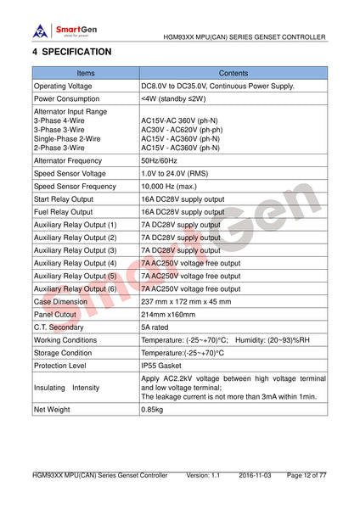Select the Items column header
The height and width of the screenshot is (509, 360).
coord(86,74)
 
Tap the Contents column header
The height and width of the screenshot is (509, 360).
coord(233,74)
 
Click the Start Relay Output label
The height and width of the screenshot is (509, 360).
coord(64,199)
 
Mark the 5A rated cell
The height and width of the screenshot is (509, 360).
coord(155,327)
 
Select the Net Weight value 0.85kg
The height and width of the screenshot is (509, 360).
coord(154,410)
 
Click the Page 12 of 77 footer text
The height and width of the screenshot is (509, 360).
coord(307,476)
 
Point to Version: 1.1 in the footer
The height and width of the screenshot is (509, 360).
coord(203,476)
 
